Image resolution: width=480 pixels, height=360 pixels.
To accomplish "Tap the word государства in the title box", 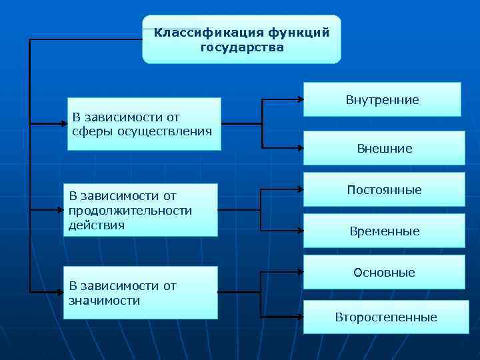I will click(x=241, y=47).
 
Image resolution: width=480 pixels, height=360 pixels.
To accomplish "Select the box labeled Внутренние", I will click(x=382, y=99).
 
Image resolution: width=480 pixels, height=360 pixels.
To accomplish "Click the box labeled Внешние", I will click(x=384, y=148).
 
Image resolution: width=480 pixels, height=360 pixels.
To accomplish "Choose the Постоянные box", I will click(x=384, y=189).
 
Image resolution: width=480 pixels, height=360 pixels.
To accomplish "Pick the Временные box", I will click(x=384, y=231).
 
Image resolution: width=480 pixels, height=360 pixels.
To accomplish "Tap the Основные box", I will click(x=384, y=272).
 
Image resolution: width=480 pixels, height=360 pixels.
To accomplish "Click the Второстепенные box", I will click(x=385, y=317).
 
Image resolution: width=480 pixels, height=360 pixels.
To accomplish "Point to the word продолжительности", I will click(x=130, y=211).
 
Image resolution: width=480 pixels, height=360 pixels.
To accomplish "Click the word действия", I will click(x=96, y=225).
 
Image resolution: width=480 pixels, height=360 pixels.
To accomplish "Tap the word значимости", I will click(x=104, y=300).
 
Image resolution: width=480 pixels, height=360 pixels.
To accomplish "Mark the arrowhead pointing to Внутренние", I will click(x=300, y=100).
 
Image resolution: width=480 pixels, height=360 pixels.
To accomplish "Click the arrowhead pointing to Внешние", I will click(x=300, y=147).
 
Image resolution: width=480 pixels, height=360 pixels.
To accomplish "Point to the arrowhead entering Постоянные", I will click(x=300, y=190).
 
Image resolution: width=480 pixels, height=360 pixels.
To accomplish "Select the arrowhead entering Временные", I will click(x=300, y=231).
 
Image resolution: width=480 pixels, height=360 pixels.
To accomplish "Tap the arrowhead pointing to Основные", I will click(x=300, y=272).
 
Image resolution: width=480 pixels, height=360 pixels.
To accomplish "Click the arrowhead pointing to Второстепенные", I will click(x=300, y=314).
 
